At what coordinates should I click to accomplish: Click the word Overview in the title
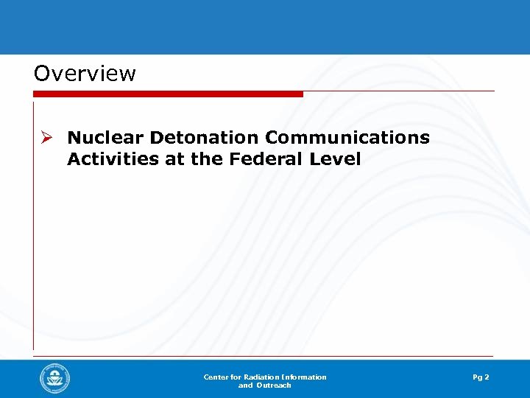coord(85,74)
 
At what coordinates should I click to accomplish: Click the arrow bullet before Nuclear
coord(47,138)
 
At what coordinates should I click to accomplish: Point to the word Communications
coord(347,138)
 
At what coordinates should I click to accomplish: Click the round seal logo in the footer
coord(55,380)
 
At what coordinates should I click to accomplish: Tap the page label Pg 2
coord(481,377)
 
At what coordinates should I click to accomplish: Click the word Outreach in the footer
coord(275,385)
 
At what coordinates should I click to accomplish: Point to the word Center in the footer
coord(216,377)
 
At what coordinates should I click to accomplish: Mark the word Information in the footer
coord(303,377)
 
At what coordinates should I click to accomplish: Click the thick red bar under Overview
coord(168,94)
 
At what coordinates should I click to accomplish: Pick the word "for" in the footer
coord(236,377)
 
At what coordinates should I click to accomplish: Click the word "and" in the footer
coord(246,385)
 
